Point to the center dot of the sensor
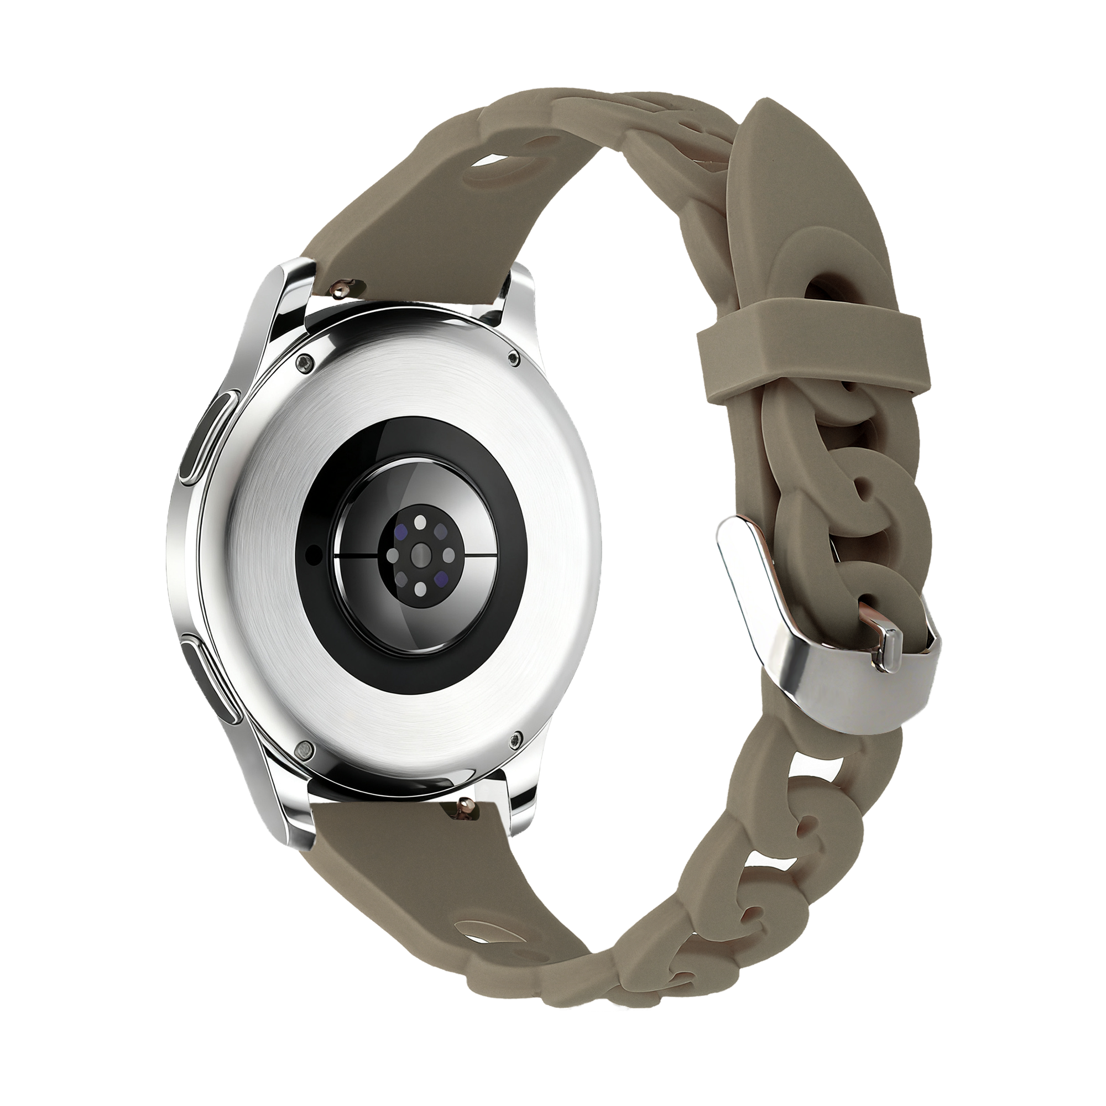[421, 554]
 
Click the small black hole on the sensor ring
[313, 553]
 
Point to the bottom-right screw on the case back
[518, 738]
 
